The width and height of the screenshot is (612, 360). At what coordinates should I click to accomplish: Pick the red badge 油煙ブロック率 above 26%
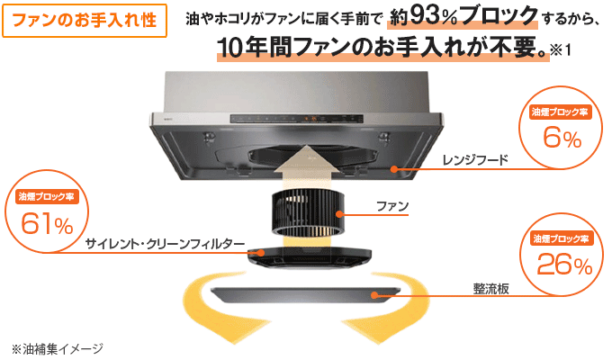(x=561, y=238)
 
